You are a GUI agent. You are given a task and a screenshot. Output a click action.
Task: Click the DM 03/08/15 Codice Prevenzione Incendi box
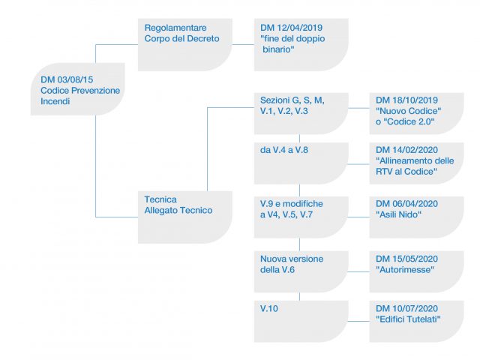pyautogui.click(x=78, y=89)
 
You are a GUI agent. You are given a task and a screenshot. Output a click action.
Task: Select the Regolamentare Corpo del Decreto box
pyautogui.click(x=185, y=45)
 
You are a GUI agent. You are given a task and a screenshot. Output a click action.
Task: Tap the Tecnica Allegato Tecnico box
pyautogui.click(x=185, y=217)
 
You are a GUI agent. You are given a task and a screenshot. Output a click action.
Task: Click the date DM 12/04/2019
pyautogui.click(x=292, y=28)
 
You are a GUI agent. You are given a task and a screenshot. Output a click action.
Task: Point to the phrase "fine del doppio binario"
pyautogui.click(x=292, y=44)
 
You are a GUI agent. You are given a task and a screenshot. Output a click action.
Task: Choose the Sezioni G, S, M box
pyautogui.click(x=301, y=113)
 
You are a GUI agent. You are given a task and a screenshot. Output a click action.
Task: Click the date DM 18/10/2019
pyautogui.click(x=406, y=100)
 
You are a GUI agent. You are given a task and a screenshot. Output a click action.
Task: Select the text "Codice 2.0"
pyautogui.click(x=411, y=121)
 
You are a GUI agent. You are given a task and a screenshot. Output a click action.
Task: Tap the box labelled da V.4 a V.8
pyautogui.click(x=301, y=163)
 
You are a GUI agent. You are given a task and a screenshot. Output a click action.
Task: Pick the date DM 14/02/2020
pyautogui.click(x=406, y=150)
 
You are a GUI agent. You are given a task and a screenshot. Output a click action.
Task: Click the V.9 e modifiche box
pyautogui.click(x=301, y=217)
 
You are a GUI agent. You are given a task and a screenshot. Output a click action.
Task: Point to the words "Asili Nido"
pyautogui.click(x=398, y=214)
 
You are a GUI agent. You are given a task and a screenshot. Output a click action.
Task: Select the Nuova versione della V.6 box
pyautogui.click(x=301, y=271)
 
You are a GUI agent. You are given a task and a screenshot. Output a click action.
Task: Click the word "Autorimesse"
pyautogui.click(x=405, y=270)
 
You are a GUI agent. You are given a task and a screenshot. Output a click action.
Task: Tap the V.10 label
pyautogui.click(x=269, y=308)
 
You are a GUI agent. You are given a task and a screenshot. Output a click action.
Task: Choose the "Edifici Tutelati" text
pyautogui.click(x=408, y=319)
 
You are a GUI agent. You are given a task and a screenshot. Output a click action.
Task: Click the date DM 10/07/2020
pyautogui.click(x=406, y=308)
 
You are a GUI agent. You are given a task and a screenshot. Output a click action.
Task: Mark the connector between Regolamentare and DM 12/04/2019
pyautogui.click(x=243, y=45)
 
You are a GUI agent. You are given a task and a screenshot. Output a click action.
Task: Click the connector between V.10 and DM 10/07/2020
pyautogui.click(x=358, y=322)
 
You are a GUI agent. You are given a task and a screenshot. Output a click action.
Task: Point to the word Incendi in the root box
pyautogui.click(x=55, y=101)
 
